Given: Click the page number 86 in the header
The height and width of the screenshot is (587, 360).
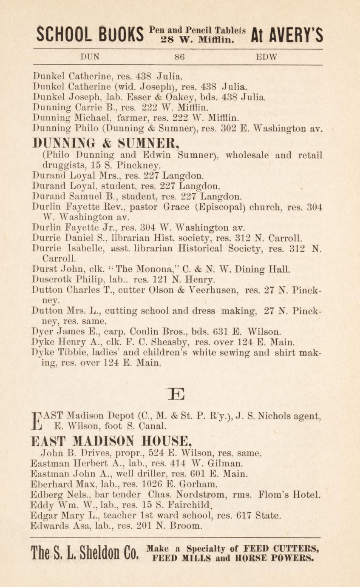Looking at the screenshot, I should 179,56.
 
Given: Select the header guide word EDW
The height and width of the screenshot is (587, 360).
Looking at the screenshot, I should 266,56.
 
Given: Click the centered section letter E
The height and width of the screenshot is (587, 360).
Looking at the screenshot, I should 177,394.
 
